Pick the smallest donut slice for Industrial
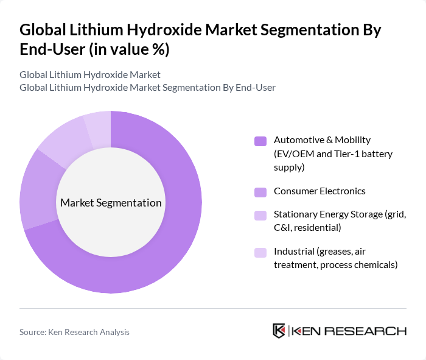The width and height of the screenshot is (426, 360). (x=98, y=125)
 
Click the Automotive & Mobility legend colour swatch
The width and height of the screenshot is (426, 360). (x=260, y=141)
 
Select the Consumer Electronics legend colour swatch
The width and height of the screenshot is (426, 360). (x=260, y=192)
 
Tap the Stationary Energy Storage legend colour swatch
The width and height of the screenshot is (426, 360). (x=260, y=216)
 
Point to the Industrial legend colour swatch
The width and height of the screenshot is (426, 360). (x=260, y=252)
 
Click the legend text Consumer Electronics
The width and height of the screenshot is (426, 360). (x=319, y=191)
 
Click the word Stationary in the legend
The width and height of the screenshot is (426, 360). (x=295, y=215)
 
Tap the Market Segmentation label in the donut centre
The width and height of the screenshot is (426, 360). (x=111, y=203)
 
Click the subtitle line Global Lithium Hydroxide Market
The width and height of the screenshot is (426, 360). (x=90, y=75)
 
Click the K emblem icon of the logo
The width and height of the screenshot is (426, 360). (x=279, y=331)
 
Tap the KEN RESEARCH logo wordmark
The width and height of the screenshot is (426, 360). (x=349, y=331)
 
